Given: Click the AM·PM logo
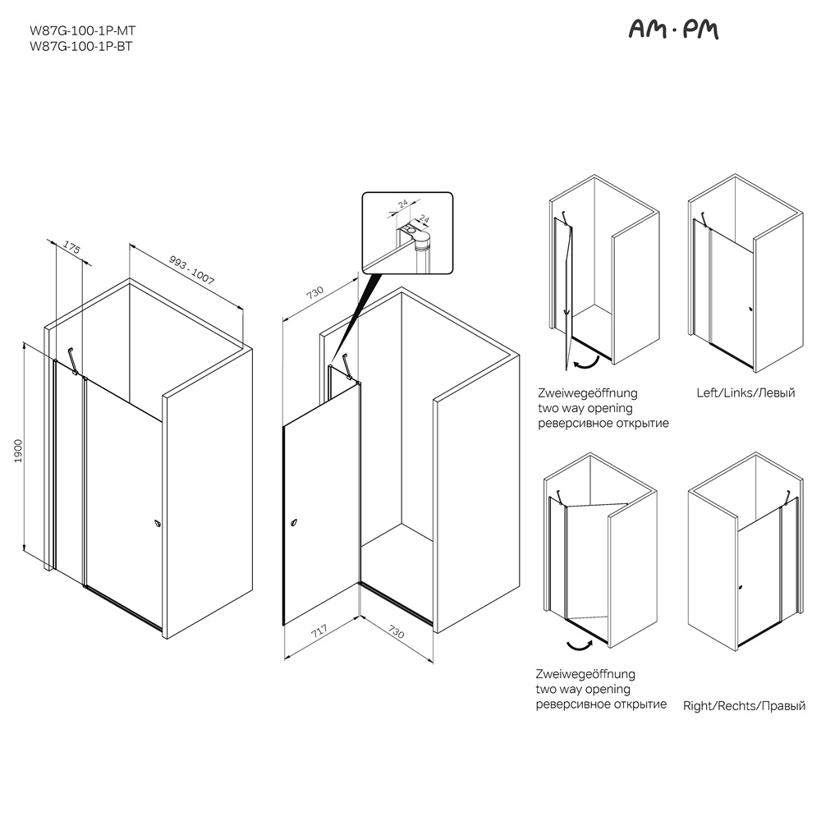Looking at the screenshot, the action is pos(673,30).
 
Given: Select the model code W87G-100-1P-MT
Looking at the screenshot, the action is pos(83,30).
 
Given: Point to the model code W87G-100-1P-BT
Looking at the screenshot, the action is pos(81,46).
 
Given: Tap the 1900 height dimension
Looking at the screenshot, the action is pos(18,450).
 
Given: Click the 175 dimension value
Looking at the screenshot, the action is pos(71,247).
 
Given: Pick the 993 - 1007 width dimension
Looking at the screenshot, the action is pos(192,269).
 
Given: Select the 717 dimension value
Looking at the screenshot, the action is pos(319,631).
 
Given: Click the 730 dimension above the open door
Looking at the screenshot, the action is pos(314,292).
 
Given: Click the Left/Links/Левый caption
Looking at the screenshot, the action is pos(745,392).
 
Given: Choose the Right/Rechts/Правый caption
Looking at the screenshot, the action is pos(744,706).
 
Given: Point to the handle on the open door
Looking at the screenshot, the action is pos(296,522).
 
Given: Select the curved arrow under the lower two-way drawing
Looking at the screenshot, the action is pos(580,644).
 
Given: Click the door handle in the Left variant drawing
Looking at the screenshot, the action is pos(751,309).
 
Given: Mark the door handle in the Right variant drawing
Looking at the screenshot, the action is pos(740,587).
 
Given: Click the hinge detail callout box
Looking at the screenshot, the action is pos(407,233).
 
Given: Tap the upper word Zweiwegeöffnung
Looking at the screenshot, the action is pos(588,393).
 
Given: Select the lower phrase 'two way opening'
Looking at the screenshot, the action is pos(583,689).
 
